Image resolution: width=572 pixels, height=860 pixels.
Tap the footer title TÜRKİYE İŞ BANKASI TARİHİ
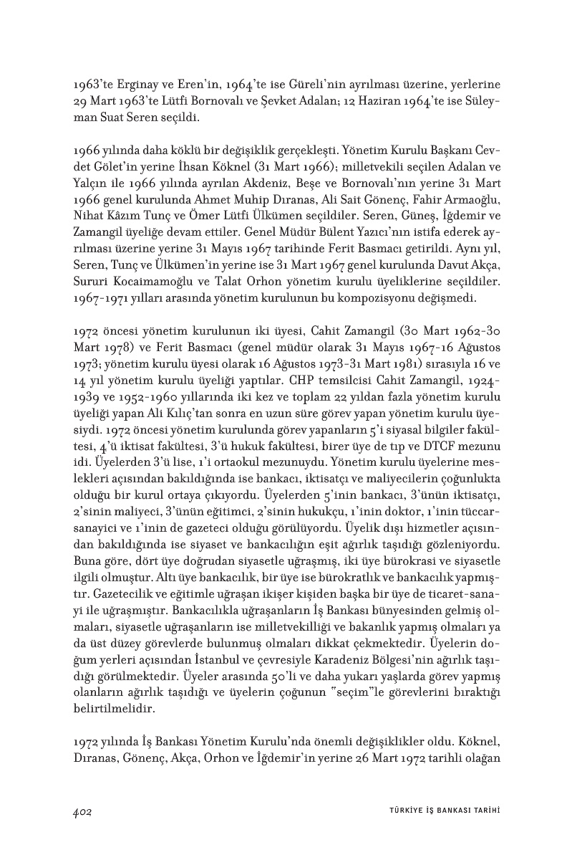(x=439, y=811)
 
